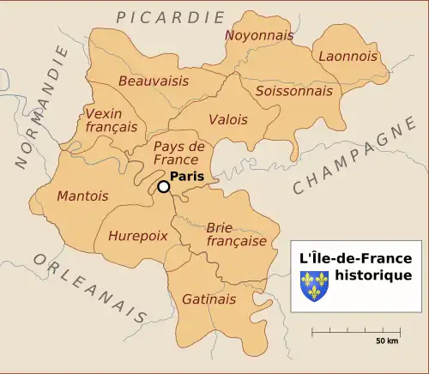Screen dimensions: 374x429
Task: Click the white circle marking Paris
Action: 163,186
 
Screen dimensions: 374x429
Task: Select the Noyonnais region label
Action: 258,35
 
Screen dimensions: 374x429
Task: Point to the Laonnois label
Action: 347,56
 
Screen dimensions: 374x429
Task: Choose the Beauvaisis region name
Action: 154,81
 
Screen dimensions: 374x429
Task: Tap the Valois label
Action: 227,120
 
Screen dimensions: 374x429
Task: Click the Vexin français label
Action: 111,120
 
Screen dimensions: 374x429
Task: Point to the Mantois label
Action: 82,196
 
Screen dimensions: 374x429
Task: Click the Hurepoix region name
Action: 138,236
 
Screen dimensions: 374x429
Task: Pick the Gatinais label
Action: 208,299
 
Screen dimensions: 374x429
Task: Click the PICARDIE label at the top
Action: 171,17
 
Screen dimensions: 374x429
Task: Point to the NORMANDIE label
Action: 40,107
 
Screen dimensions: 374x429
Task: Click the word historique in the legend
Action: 373,275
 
